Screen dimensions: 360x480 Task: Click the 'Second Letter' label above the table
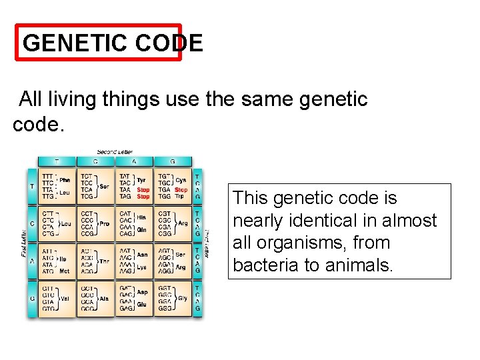[x=115, y=152]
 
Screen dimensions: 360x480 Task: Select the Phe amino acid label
[x=65, y=179]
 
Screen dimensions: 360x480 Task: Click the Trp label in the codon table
[x=180, y=197]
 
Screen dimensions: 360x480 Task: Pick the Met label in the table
[x=63, y=272]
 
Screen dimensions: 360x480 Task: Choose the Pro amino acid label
[x=103, y=223]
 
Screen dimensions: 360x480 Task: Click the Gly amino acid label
[x=183, y=298]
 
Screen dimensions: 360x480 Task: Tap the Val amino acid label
[x=65, y=299]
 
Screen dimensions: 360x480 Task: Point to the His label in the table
[x=142, y=217]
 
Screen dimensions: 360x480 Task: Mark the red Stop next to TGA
[x=181, y=190]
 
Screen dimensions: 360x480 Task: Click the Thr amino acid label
[x=103, y=262]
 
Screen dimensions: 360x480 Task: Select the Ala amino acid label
[x=103, y=299]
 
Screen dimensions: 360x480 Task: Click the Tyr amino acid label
[x=141, y=180]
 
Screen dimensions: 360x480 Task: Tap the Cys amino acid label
[x=181, y=180]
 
